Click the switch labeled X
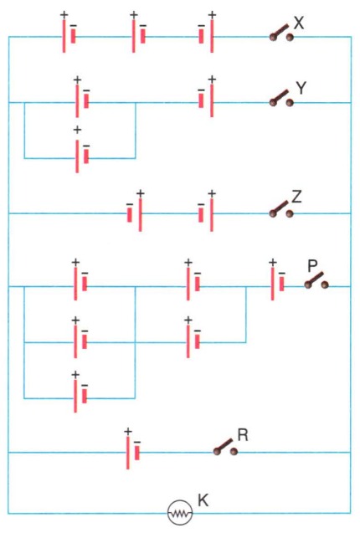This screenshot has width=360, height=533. (282, 33)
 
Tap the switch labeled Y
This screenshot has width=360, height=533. (281, 99)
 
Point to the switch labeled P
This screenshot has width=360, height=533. (316, 281)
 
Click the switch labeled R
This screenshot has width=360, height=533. (225, 448)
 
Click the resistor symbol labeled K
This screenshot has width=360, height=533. (180, 513)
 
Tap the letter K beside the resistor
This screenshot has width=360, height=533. (203, 500)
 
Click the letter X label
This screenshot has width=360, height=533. (299, 23)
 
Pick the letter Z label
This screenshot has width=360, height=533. (296, 197)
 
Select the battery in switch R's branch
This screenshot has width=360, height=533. (133, 453)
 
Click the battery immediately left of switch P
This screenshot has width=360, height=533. (277, 284)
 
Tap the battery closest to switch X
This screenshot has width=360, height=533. (206, 36)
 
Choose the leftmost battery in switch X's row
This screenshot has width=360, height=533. (69, 36)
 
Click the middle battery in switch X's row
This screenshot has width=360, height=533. (138, 36)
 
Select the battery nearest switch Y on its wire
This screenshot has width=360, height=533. (206, 100)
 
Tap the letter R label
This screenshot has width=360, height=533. (243, 435)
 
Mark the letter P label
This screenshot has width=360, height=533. (312, 265)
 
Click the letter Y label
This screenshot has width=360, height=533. (301, 88)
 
